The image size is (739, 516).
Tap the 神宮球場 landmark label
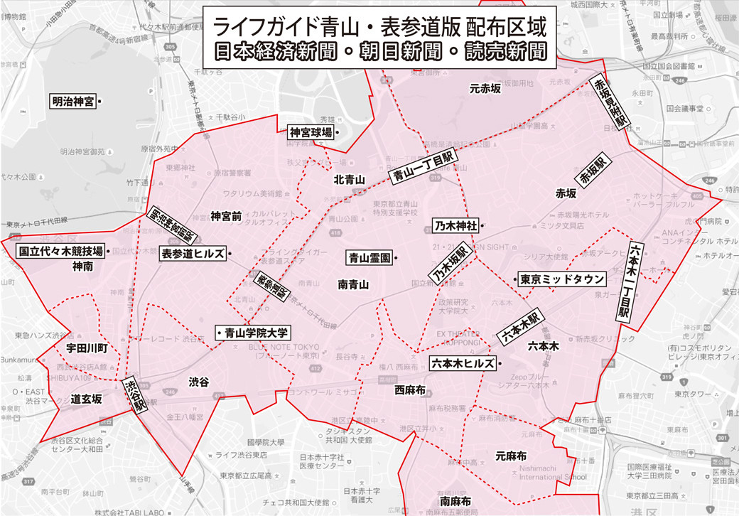pyautogui.click(x=311, y=132)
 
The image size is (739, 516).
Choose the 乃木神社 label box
pyautogui.click(x=455, y=226)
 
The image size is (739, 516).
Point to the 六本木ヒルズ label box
pyautogui.click(x=463, y=362)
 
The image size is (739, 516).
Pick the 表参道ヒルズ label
pyautogui.click(x=193, y=253)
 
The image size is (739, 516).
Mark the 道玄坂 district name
pyautogui.click(x=86, y=399)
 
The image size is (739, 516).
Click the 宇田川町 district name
pyautogui.click(x=86, y=348)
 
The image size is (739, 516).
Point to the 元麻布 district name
pyautogui.click(x=510, y=456)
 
